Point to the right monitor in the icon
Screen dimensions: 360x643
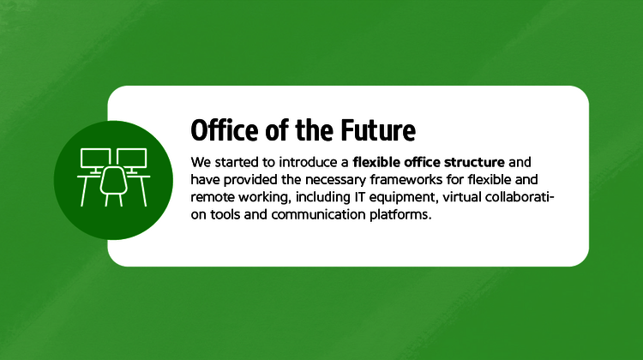coord(131,159)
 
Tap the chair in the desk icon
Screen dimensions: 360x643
coord(112,183)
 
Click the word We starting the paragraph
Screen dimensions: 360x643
coord(201,161)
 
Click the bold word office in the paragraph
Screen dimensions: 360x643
coord(415,161)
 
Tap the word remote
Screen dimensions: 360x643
coord(212,197)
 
